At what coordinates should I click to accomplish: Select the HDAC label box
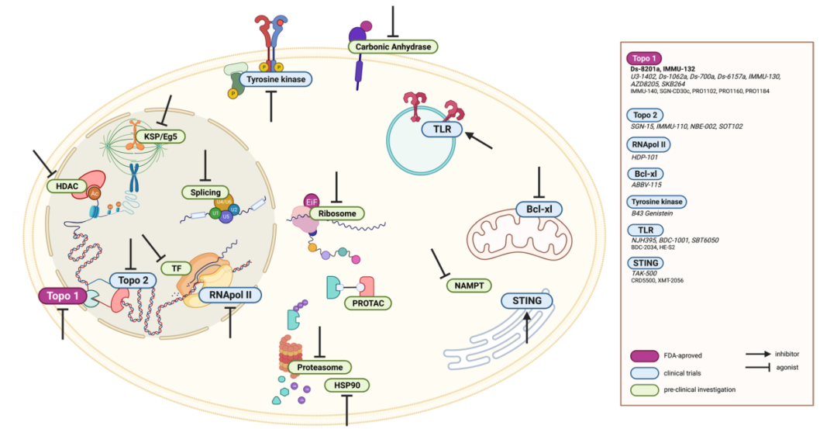[64, 186]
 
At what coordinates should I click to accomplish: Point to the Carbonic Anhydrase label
[393, 47]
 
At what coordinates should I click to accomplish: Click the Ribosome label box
[336, 212]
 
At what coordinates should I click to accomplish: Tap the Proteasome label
[319, 366]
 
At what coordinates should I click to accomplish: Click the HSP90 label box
[346, 385]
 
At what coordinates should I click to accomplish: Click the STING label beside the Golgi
[527, 300]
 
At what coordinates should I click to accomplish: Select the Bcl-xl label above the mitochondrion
[539, 208]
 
